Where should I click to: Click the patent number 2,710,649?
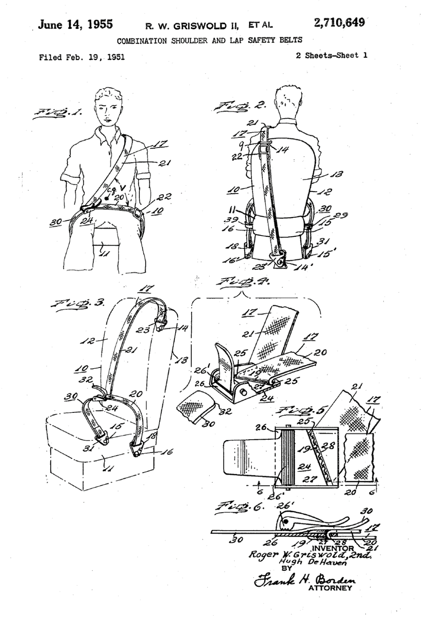(x=339, y=23)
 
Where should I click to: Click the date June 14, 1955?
(x=75, y=25)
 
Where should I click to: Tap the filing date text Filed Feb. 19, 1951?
(x=82, y=57)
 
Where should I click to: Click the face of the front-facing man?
(x=107, y=110)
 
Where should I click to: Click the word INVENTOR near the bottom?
(x=333, y=548)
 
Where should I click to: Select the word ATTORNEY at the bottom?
(x=330, y=588)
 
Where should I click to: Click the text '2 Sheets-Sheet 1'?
(x=331, y=56)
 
